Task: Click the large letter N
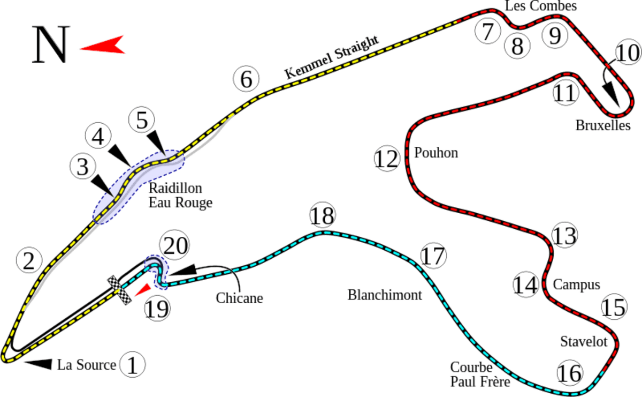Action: pyautogui.click(x=51, y=45)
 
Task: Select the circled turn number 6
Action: pyautogui.click(x=246, y=79)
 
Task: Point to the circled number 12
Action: pyautogui.click(x=386, y=159)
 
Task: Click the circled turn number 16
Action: pyautogui.click(x=569, y=372)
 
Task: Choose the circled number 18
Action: pyautogui.click(x=323, y=216)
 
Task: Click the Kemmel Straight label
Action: pyautogui.click(x=332, y=58)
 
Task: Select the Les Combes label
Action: pyautogui.click(x=540, y=6)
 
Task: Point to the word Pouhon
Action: pyautogui.click(x=436, y=153)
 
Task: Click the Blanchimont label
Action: pyautogui.click(x=385, y=295)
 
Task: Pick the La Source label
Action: pyautogui.click(x=86, y=365)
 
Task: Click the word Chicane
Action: pyautogui.click(x=240, y=298)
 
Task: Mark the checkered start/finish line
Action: pyautogui.click(x=120, y=290)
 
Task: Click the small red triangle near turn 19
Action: pyautogui.click(x=141, y=290)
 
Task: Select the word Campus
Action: pyautogui.click(x=576, y=284)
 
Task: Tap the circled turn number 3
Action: pyautogui.click(x=82, y=167)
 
